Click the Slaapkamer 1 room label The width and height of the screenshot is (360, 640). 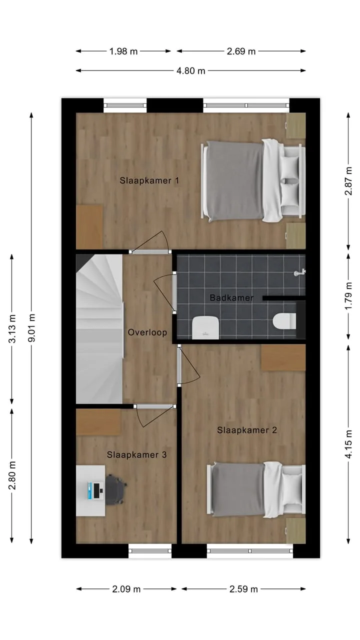click(x=149, y=180)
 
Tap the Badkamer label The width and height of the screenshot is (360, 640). click(x=231, y=297)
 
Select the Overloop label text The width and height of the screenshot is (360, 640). click(x=147, y=332)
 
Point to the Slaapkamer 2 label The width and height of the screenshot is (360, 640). click(x=247, y=430)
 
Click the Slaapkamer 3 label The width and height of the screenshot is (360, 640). click(x=137, y=454)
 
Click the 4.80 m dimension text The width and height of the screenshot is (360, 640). click(x=191, y=70)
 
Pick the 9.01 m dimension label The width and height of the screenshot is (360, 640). click(x=31, y=327)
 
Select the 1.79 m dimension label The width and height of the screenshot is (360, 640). click(x=348, y=296)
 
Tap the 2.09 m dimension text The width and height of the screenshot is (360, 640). click(x=126, y=589)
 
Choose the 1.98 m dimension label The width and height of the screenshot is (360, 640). click(x=123, y=51)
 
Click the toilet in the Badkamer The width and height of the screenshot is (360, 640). click(x=284, y=321)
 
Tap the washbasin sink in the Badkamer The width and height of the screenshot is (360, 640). click(x=205, y=327)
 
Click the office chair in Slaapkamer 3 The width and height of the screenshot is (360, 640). click(x=115, y=489)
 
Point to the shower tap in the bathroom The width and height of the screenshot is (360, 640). click(x=299, y=272)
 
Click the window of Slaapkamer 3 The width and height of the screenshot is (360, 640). click(x=150, y=550)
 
